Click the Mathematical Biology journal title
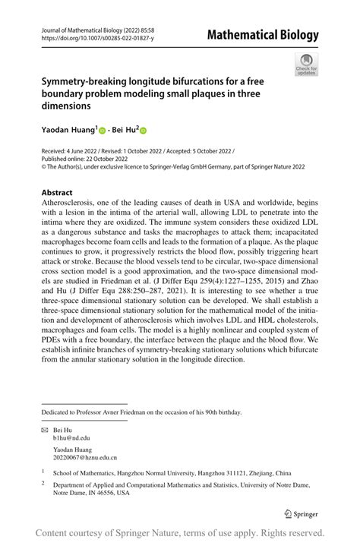(x=270, y=35)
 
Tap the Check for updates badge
(x=306, y=65)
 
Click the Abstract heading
(x=57, y=193)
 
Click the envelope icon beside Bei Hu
(x=45, y=430)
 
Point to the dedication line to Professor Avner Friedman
(x=141, y=412)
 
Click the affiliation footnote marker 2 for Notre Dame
(x=43, y=482)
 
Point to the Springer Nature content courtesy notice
(x=180, y=533)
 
